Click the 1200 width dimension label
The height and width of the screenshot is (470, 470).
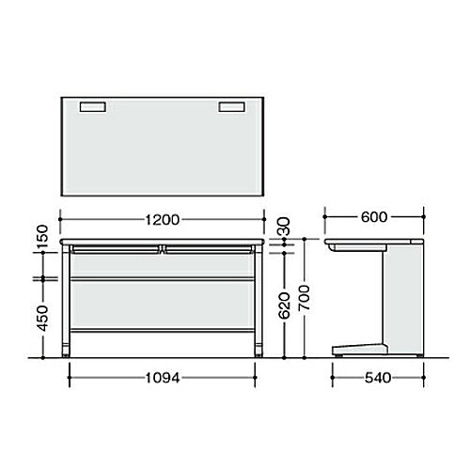pos(163,220)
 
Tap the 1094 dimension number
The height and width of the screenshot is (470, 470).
pos(163,378)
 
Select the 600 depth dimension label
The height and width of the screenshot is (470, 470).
pos(374,217)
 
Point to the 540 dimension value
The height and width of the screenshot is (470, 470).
pos(378,378)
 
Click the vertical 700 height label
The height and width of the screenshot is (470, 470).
pos(304,298)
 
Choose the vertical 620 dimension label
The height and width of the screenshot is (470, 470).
pos(285,305)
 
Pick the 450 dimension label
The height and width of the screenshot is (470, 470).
pos(43,319)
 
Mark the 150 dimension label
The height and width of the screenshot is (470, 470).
pos(43,237)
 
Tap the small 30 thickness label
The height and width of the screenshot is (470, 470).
pos(285,227)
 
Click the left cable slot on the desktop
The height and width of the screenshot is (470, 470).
pos(93,107)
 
